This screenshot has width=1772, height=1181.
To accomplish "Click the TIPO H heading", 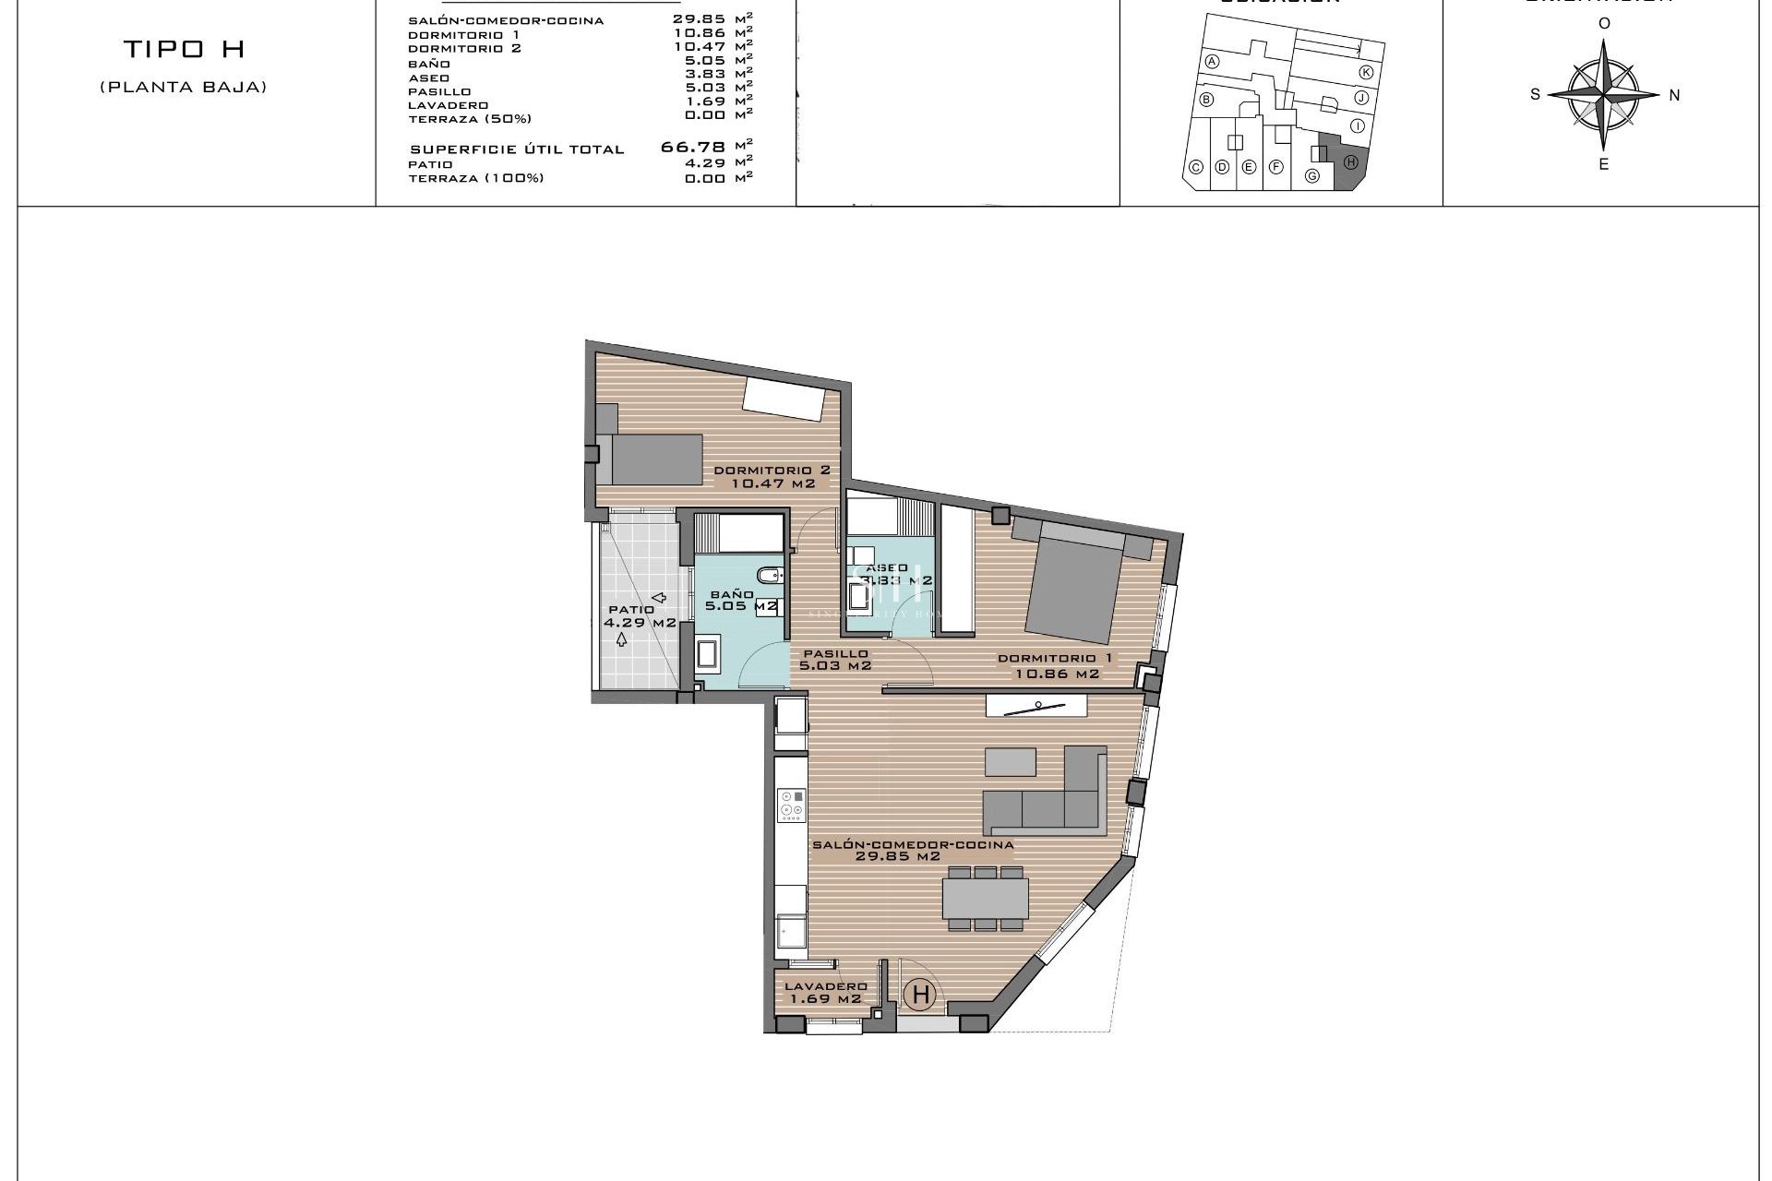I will point(184,50).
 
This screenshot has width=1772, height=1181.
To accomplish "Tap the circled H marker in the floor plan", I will point(920,995).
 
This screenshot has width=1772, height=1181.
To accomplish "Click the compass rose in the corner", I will point(1604,94).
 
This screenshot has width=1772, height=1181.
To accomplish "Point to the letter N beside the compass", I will point(1674,95).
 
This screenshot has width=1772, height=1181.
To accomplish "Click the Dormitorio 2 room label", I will point(773,476).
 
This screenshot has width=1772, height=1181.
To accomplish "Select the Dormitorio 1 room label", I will point(1057,666).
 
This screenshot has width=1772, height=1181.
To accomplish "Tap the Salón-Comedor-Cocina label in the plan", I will point(912,850).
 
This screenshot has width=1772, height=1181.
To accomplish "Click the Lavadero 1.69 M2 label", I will point(824,992).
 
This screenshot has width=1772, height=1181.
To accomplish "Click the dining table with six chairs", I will point(985,898).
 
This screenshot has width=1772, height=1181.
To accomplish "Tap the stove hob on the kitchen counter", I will point(791,804).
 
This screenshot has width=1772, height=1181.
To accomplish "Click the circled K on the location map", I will point(1366,72).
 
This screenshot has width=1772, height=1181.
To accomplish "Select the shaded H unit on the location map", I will point(1350,163).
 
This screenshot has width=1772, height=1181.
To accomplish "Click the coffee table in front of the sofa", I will point(1010,762).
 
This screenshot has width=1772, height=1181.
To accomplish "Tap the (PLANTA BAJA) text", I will point(184,88).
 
